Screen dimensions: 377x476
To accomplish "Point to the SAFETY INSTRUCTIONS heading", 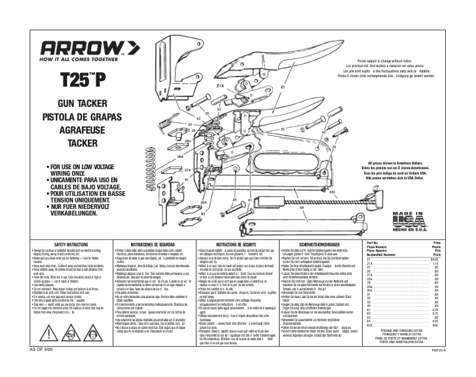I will point(71,245).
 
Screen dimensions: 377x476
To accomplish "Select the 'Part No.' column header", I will point(373,243).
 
